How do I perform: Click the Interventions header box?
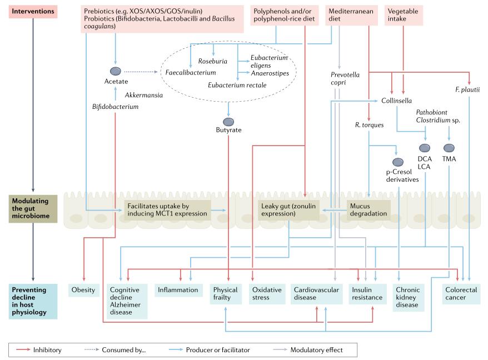click(x=34, y=12)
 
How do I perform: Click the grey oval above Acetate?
click(x=116, y=71)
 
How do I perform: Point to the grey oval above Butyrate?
click(x=228, y=122)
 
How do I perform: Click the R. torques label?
click(x=370, y=125)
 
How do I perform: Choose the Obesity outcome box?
click(x=84, y=290)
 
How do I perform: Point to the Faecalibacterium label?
click(x=191, y=72)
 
